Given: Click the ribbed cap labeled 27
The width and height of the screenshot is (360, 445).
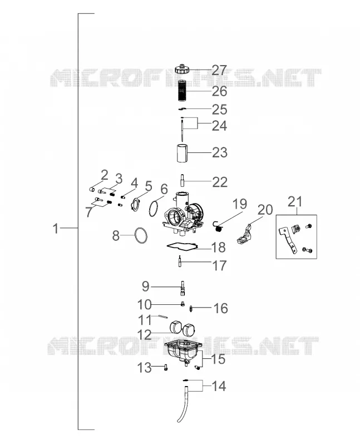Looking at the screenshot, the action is [182, 69].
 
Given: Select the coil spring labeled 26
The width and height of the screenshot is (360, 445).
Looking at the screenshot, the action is [182, 91].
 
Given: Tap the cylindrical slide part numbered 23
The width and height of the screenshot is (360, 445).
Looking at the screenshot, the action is [182, 153].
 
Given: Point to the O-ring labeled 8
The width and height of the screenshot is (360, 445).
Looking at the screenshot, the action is [141, 235].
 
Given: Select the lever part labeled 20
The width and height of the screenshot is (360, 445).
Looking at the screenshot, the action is [244, 234].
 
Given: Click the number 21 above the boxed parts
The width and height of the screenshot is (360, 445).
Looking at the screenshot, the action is [295, 202].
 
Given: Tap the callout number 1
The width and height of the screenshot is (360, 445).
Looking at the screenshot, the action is [56, 228].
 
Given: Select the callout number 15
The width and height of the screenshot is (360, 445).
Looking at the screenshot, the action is [218, 359].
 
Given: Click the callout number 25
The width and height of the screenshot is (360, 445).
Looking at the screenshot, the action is [220, 110].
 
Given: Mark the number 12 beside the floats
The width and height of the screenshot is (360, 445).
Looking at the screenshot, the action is [145, 335].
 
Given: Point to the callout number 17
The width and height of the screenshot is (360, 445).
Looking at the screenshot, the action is [220, 266].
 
